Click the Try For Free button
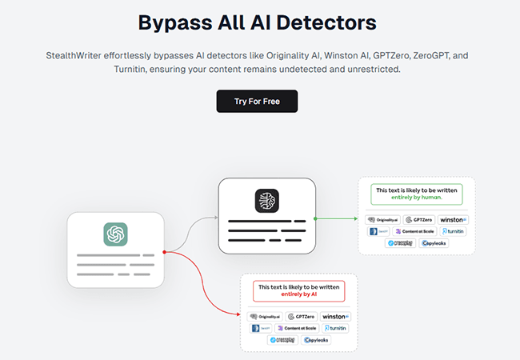(x=257, y=102)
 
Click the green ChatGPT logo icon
(x=115, y=234)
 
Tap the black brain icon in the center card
(x=266, y=200)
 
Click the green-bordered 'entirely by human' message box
(x=415, y=194)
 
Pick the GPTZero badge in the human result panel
(x=419, y=219)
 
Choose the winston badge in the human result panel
(x=453, y=219)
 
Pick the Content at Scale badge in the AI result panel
(x=296, y=328)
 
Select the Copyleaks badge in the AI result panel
(x=316, y=340)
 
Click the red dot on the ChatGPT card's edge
(x=164, y=252)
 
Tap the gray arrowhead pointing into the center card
(x=216, y=217)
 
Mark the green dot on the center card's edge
(x=316, y=217)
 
